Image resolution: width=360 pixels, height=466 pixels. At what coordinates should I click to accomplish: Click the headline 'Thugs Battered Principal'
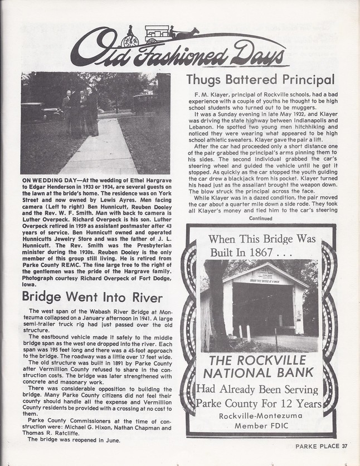pyautogui.click(x=260, y=80)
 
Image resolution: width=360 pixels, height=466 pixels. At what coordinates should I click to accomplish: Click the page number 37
pyautogui.click(x=344, y=445)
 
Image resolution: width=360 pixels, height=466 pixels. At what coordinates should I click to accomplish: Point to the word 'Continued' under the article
pyautogui.click(x=261, y=219)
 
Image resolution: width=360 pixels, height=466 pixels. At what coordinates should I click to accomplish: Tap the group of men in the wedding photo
pyautogui.click(x=81, y=111)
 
